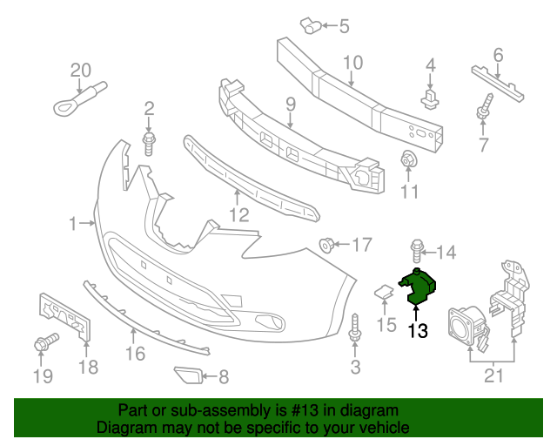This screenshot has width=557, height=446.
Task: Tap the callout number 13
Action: pyautogui.click(x=418, y=330)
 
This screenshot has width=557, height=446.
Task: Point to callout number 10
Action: pyautogui.click(x=352, y=62)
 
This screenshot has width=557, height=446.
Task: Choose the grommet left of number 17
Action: pyautogui.click(x=328, y=244)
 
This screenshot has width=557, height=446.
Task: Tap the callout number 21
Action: pyautogui.click(x=493, y=375)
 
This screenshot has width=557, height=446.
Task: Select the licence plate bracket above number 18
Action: pyautogui.click(x=66, y=319)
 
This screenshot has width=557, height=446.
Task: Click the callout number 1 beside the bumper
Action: pyautogui.click(x=73, y=225)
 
